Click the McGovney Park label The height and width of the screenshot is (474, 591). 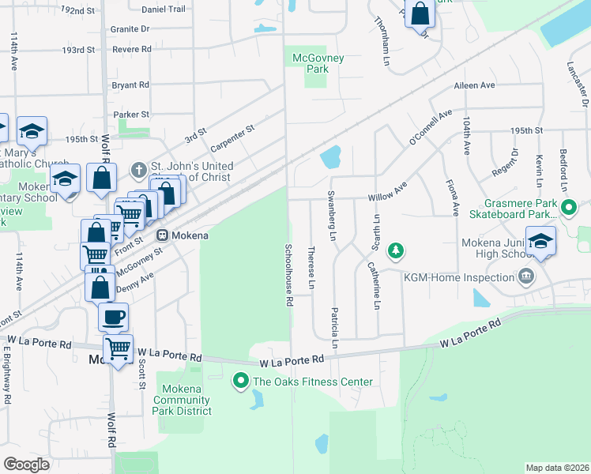click(311, 63)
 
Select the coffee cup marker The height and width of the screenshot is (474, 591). click(113, 318)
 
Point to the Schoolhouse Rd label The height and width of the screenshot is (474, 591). click(290, 275)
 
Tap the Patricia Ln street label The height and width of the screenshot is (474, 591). click(335, 329)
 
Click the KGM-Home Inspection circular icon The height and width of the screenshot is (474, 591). click(525, 276)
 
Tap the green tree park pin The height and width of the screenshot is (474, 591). click(396, 252)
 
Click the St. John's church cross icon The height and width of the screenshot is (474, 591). click(138, 170)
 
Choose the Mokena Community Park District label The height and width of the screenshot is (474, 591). click(186, 400)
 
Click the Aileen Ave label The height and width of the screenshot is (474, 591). click(474, 85)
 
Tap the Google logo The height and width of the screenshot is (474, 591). click(26, 465)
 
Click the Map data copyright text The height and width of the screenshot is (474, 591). click(557, 468)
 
